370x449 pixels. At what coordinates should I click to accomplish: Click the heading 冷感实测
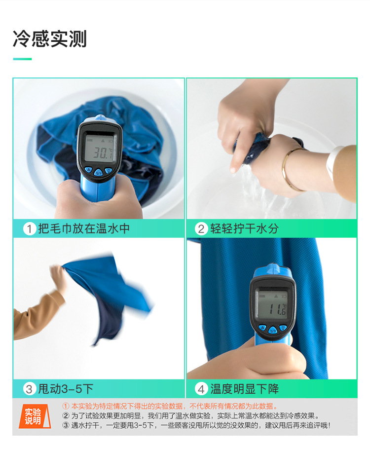[50, 38]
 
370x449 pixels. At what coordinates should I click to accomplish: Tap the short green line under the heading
[22, 59]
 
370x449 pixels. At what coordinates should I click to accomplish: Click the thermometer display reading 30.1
[100, 149]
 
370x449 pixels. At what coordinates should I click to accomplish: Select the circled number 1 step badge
[30, 229]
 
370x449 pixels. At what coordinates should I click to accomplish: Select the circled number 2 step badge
[201, 229]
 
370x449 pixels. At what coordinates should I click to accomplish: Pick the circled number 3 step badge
[30, 389]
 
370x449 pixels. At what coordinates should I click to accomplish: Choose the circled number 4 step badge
[201, 389]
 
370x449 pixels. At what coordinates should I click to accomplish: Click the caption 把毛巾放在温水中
[84, 228]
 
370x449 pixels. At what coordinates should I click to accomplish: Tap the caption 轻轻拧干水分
[245, 228]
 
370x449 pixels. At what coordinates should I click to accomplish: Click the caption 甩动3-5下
[66, 389]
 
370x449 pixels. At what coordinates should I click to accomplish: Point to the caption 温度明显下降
[245, 389]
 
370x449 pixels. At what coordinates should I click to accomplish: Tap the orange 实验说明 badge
[35, 416]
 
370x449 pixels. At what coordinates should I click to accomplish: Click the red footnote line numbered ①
[170, 406]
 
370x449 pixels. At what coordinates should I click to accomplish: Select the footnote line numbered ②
[191, 415]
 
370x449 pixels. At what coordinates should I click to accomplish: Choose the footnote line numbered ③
[196, 425]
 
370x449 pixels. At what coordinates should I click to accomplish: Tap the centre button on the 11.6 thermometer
[273, 331]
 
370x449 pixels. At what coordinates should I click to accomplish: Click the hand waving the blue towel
[59, 278]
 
